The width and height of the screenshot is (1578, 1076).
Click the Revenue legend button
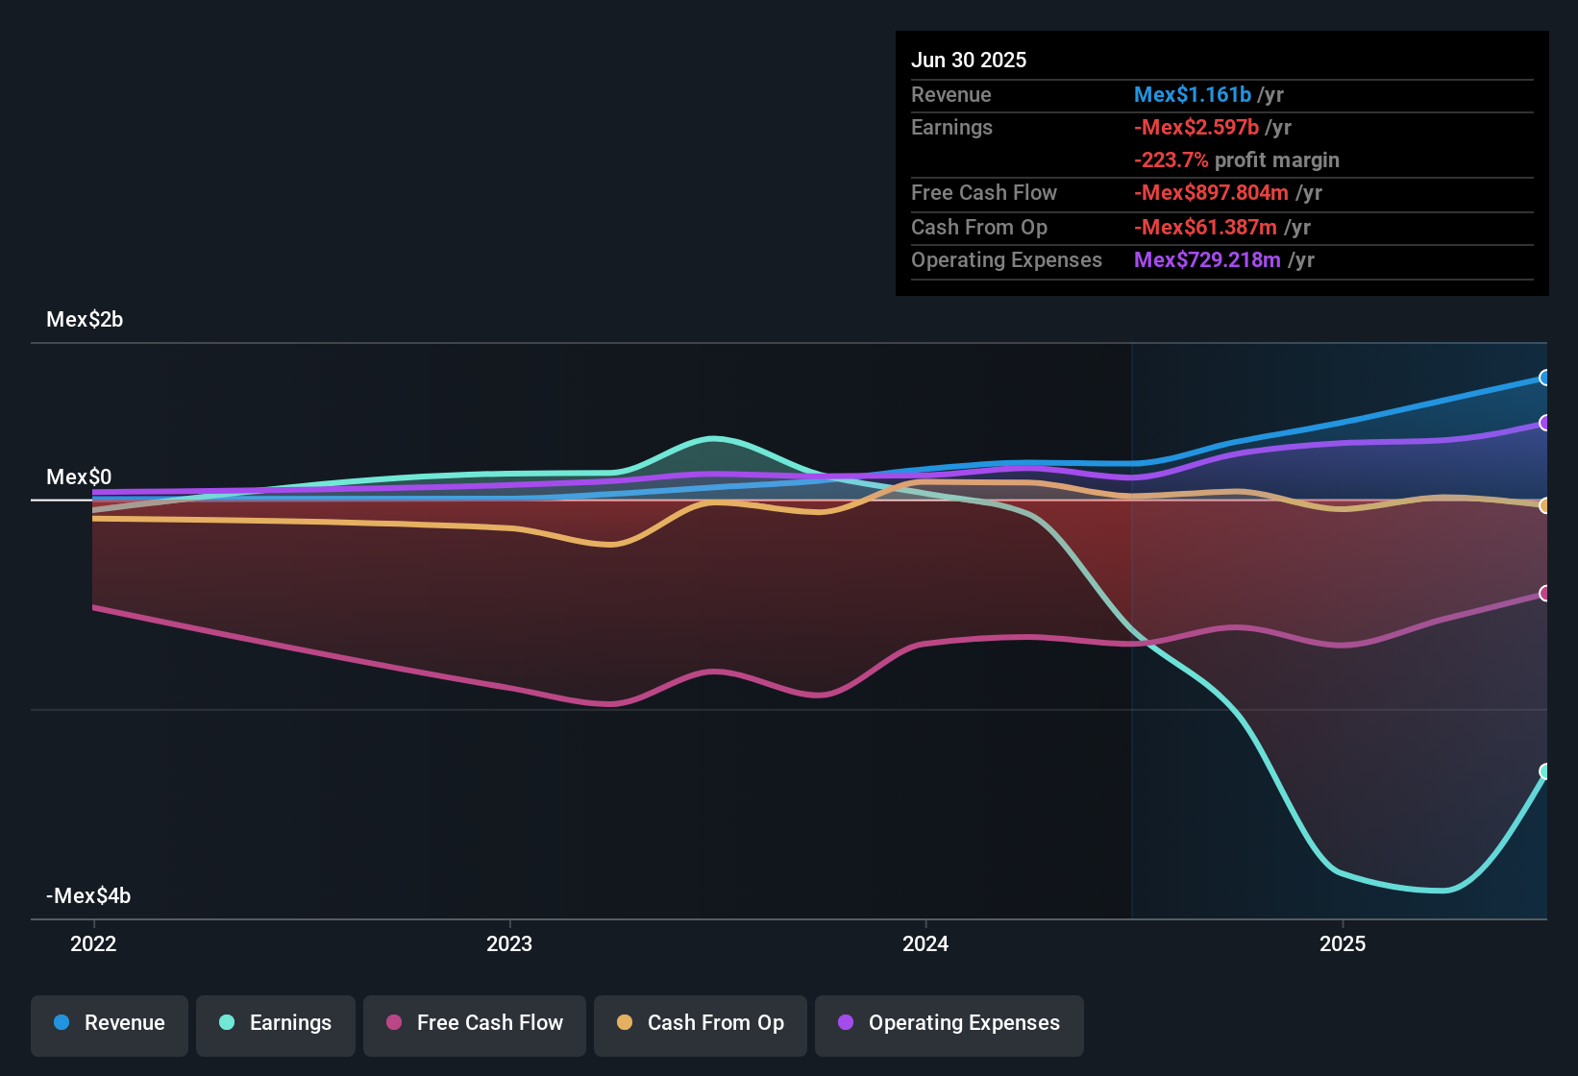click(110, 1023)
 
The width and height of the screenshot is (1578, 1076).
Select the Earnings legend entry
click(276, 1023)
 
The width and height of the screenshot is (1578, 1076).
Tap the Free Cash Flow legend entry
click(475, 1023)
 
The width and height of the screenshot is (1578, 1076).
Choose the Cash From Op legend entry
click(701, 1023)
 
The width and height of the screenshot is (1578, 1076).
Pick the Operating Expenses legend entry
click(949, 1023)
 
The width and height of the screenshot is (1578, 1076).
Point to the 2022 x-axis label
click(93, 943)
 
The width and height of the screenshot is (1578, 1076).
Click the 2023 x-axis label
click(509, 943)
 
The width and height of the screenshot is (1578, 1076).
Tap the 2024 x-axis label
click(925, 943)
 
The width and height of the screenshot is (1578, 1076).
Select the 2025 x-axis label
click(1343, 943)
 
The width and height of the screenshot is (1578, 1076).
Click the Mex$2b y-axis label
click(85, 320)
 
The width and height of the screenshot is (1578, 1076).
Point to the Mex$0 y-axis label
click(79, 477)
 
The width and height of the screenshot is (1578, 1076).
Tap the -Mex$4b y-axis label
click(88, 896)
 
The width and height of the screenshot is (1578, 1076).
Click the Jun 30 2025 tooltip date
click(969, 61)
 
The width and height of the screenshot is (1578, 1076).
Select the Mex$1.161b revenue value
click(1193, 95)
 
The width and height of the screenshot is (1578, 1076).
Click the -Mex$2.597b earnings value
click(1196, 128)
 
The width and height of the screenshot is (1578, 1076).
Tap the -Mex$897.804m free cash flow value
click(1211, 193)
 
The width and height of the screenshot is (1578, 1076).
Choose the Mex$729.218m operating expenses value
click(1207, 260)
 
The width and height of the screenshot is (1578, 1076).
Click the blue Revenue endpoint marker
click(1544, 378)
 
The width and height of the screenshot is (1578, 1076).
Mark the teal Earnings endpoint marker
click(1544, 771)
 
